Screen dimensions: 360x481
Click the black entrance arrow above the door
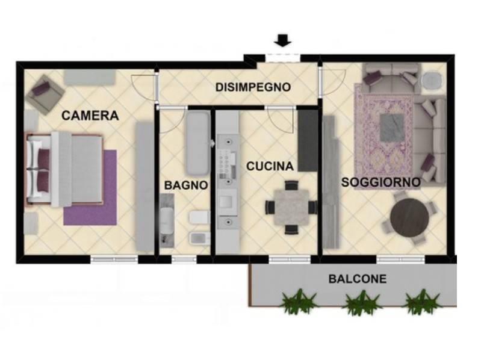point(283,41)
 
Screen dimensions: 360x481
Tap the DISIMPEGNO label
point(253,87)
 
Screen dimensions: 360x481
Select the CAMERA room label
point(90,116)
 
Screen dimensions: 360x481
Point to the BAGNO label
point(186,185)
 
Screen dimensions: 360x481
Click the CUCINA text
point(270,166)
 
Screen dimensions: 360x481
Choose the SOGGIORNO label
point(380,181)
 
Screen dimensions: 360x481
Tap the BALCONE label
point(357,279)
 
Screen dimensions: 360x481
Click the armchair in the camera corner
point(45,94)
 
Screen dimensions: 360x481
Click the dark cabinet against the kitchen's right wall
point(308,140)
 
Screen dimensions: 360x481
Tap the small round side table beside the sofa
point(431,81)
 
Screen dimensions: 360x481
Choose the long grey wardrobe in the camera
point(144,185)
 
